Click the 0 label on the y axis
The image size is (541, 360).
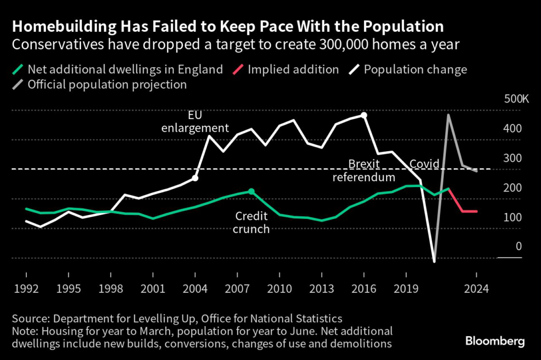(x=518, y=246)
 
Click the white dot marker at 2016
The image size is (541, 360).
(x=363, y=115)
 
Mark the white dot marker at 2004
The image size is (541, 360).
(x=195, y=178)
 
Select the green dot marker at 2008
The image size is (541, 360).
(x=251, y=191)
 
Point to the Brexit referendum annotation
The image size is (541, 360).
(x=363, y=170)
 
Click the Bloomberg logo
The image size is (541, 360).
(x=495, y=341)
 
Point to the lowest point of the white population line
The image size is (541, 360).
(x=434, y=261)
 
